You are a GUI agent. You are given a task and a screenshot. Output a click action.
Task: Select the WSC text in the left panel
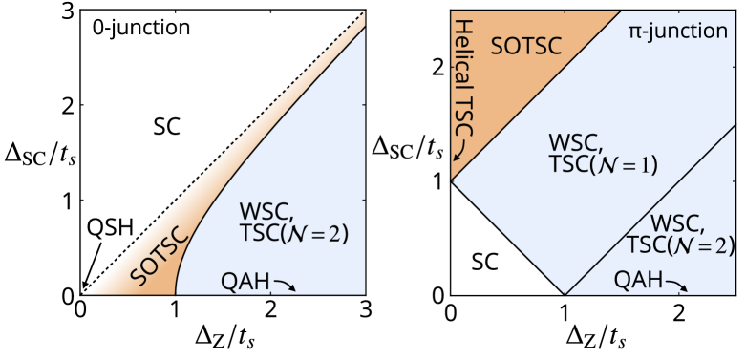click(x=260, y=210)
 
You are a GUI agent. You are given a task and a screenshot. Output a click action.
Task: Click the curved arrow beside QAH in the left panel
click(x=286, y=284)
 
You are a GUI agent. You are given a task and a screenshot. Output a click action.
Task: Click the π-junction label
click(x=677, y=31)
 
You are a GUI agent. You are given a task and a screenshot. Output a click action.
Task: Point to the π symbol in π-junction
click(x=633, y=32)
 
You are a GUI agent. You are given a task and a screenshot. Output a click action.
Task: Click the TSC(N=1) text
click(x=604, y=164)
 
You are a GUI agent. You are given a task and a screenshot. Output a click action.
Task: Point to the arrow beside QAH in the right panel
click(x=674, y=284)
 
